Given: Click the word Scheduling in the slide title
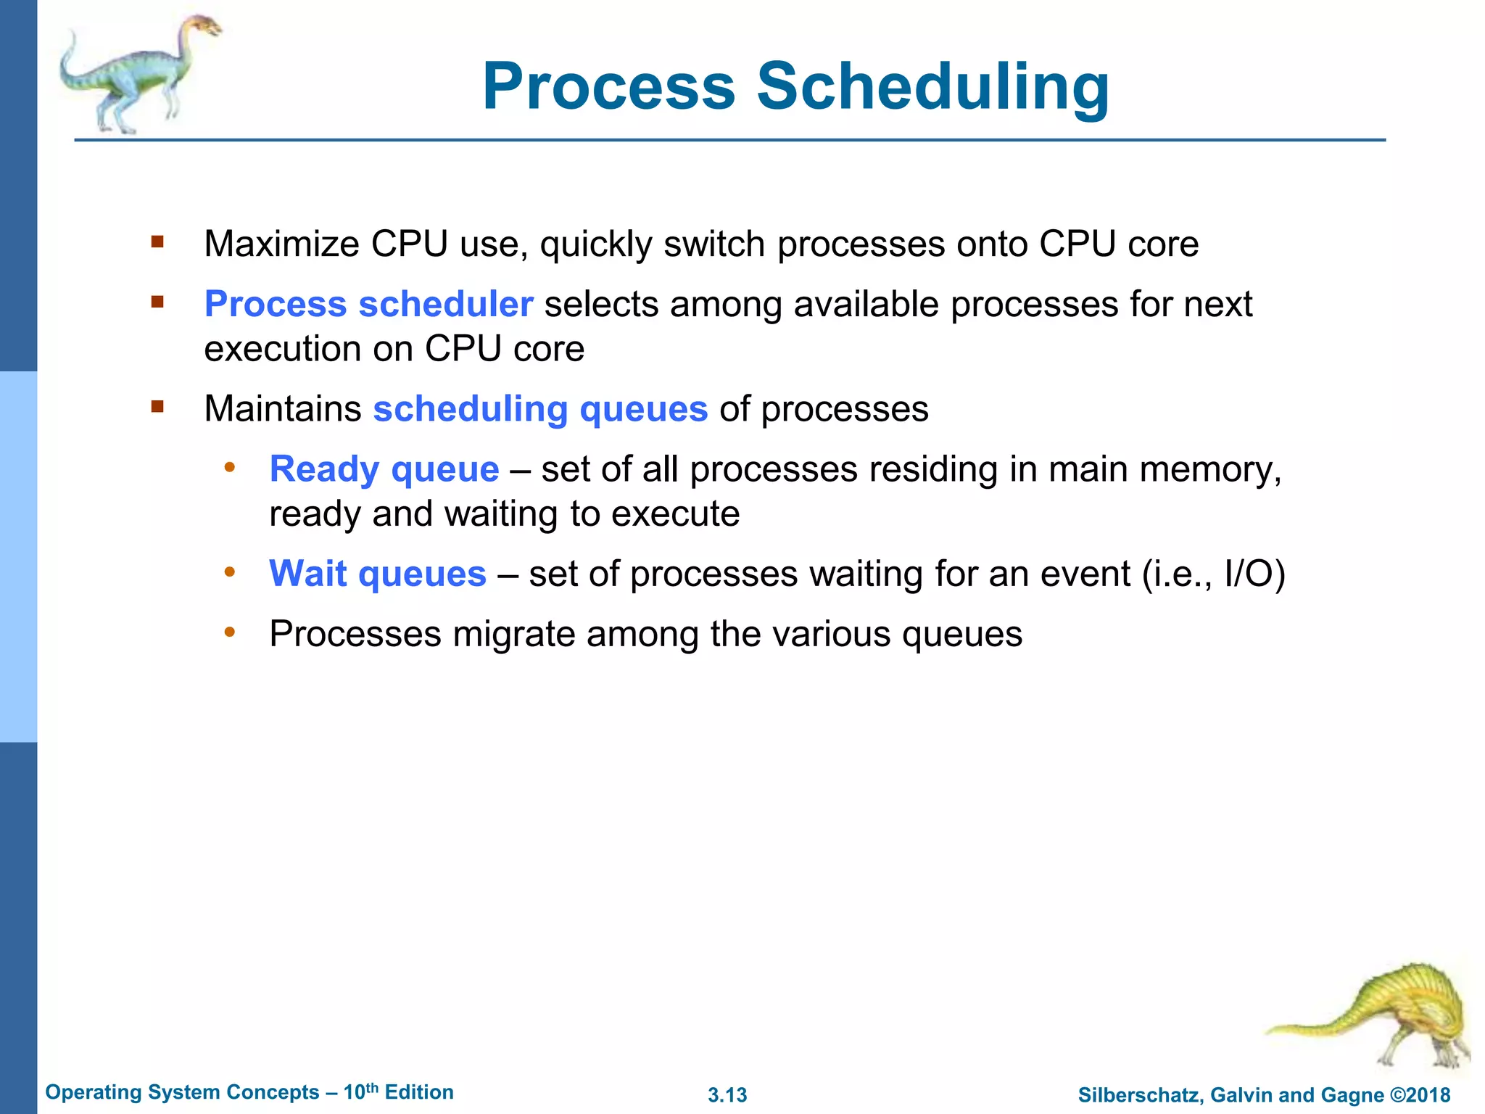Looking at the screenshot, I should tap(933, 87).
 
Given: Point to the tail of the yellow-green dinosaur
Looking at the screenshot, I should tap(1305, 1028).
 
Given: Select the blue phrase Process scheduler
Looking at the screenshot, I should tap(368, 304).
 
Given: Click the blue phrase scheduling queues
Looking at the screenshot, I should tap(540, 409).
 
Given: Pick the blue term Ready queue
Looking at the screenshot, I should tap(384, 469).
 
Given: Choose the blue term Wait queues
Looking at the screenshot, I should tap(378, 574).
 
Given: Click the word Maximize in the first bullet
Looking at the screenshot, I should tap(281, 244).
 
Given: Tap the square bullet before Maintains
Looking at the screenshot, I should tap(157, 407).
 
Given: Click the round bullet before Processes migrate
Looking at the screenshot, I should tap(230, 632).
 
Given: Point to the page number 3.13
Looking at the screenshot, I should tap(727, 1095).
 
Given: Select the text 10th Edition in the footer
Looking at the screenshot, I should tap(398, 1092).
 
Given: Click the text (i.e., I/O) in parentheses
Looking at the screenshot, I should tap(1213, 574).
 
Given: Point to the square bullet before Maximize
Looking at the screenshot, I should tap(157, 242).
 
